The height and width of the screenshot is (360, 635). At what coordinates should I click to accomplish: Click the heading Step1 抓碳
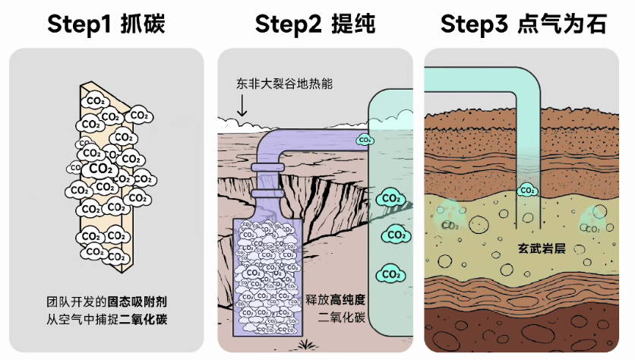click(106, 24)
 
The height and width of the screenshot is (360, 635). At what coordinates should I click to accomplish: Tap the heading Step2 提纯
click(315, 24)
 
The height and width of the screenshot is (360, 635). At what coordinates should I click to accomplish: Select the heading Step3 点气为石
click(524, 24)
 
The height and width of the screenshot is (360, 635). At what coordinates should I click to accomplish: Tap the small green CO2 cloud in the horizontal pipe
click(365, 140)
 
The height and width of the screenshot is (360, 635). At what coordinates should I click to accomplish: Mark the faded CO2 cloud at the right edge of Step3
click(593, 226)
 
